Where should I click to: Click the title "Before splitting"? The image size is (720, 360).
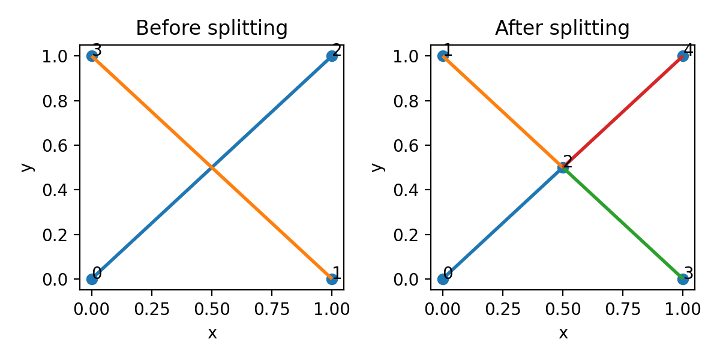212,28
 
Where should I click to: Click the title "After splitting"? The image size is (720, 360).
562,28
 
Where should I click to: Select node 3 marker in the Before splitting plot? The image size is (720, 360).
92,56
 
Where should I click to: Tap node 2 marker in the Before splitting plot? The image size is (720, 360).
332,56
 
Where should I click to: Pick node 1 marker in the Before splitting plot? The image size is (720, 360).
332,279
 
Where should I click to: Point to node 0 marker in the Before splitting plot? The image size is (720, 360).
92,279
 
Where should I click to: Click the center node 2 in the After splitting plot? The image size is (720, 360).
563,167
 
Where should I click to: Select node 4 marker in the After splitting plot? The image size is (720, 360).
683,56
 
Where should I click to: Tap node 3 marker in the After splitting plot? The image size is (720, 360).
683,279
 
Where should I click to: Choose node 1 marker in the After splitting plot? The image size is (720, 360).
443,56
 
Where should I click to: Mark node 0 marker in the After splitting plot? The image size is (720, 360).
443,279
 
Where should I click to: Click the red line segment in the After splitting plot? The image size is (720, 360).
623,112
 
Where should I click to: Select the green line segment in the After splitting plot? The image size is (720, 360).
623,223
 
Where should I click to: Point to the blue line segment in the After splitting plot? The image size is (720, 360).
503,223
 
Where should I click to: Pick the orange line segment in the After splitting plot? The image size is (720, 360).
503,112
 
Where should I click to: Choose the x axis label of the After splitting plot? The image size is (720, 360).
563,334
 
